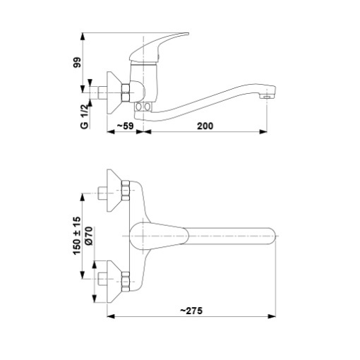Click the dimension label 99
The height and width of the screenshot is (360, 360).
tap(77, 63)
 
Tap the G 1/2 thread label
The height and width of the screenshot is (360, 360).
tap(85, 116)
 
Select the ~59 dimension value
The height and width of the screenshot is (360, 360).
tap(126, 126)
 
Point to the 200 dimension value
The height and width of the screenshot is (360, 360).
tap(205, 126)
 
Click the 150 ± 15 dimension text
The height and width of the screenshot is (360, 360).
tap(77, 236)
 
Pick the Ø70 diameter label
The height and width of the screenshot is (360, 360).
tap(89, 236)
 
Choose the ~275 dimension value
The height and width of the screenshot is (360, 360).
tap(191, 311)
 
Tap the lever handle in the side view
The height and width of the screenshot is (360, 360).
tap(158, 47)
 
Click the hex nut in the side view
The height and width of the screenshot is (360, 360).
tap(126, 92)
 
